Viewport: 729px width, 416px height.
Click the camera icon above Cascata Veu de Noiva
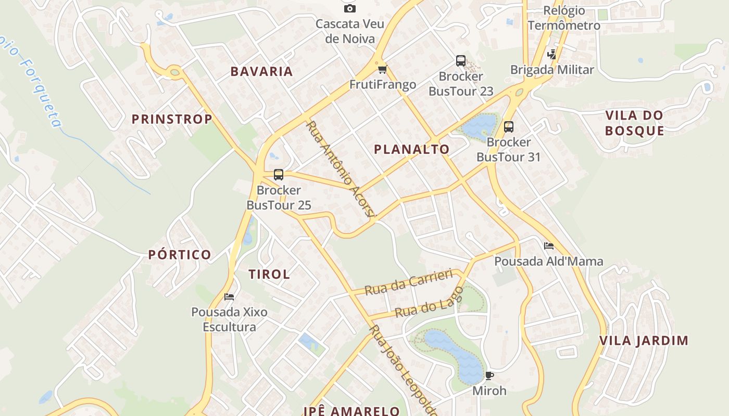(x=350, y=8)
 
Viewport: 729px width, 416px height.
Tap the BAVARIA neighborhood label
(x=262, y=72)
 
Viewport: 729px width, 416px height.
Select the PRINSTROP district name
(x=172, y=119)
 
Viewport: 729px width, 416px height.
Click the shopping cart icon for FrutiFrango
(x=383, y=69)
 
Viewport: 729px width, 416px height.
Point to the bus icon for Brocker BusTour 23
(x=461, y=61)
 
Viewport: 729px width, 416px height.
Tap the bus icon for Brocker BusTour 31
(x=509, y=126)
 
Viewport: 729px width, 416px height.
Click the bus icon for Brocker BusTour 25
(x=279, y=175)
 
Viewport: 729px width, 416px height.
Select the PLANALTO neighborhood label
(x=412, y=149)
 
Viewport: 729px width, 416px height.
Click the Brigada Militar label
(x=552, y=70)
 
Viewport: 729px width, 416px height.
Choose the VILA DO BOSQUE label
(x=635, y=123)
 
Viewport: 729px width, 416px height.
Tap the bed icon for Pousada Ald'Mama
(x=549, y=246)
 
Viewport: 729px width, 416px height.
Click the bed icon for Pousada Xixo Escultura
(x=229, y=297)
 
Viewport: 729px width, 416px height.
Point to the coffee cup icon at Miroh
(x=489, y=375)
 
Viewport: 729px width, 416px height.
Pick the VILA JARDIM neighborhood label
(x=644, y=341)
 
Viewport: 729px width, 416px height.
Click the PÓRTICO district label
(x=180, y=255)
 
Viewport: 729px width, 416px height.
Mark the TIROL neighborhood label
(x=269, y=275)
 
